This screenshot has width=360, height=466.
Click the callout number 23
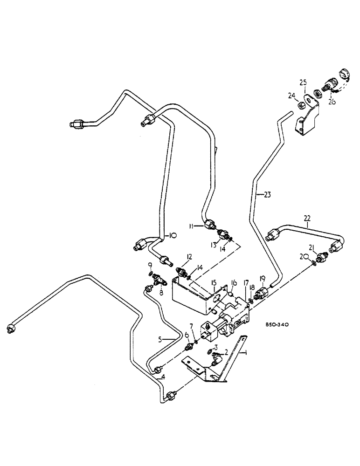[x=266, y=196]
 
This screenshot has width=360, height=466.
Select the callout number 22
[x=307, y=218]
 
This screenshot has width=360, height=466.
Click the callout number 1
[x=244, y=353]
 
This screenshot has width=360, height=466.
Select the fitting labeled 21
[x=321, y=258]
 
